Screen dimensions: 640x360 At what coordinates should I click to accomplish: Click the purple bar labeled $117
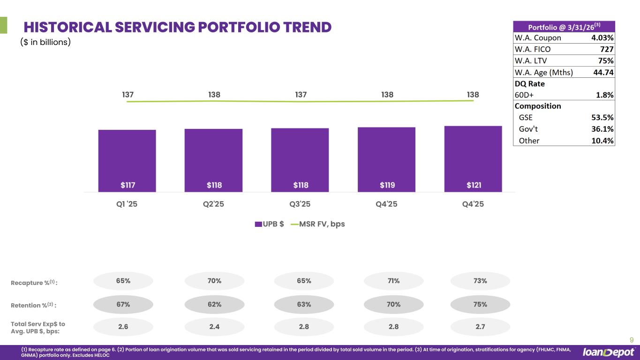[127, 161]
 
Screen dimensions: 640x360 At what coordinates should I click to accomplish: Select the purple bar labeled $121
[473, 159]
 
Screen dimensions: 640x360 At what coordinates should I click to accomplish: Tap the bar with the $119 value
[386, 159]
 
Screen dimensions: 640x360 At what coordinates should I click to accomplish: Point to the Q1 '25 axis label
[127, 204]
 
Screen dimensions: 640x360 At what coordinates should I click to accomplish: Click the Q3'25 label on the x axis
[300, 204]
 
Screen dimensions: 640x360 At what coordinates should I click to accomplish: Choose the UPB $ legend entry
[270, 224]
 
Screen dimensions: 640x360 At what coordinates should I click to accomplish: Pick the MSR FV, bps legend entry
[318, 224]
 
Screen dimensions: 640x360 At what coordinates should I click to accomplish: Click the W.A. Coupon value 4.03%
[602, 37]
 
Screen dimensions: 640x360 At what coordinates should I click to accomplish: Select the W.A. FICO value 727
[607, 49]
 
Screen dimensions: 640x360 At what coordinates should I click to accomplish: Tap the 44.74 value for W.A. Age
[603, 72]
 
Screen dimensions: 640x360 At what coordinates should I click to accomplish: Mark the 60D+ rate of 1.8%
[604, 95]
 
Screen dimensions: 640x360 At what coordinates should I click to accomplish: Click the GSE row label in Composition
[526, 118]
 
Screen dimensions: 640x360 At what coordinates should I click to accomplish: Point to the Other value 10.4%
[602, 141]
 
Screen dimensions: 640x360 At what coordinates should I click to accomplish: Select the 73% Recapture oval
[480, 281]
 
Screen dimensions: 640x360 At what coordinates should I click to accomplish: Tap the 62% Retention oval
[214, 304]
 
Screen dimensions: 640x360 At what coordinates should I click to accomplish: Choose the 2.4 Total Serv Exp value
[214, 327]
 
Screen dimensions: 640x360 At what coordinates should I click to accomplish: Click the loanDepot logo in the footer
[609, 352]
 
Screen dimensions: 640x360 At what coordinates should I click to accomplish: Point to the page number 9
[632, 340]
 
